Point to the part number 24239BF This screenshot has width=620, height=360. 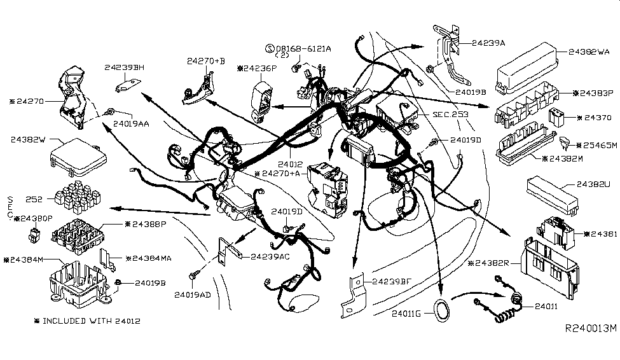pos(393,281)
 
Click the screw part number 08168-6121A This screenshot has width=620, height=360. pos(303,48)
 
